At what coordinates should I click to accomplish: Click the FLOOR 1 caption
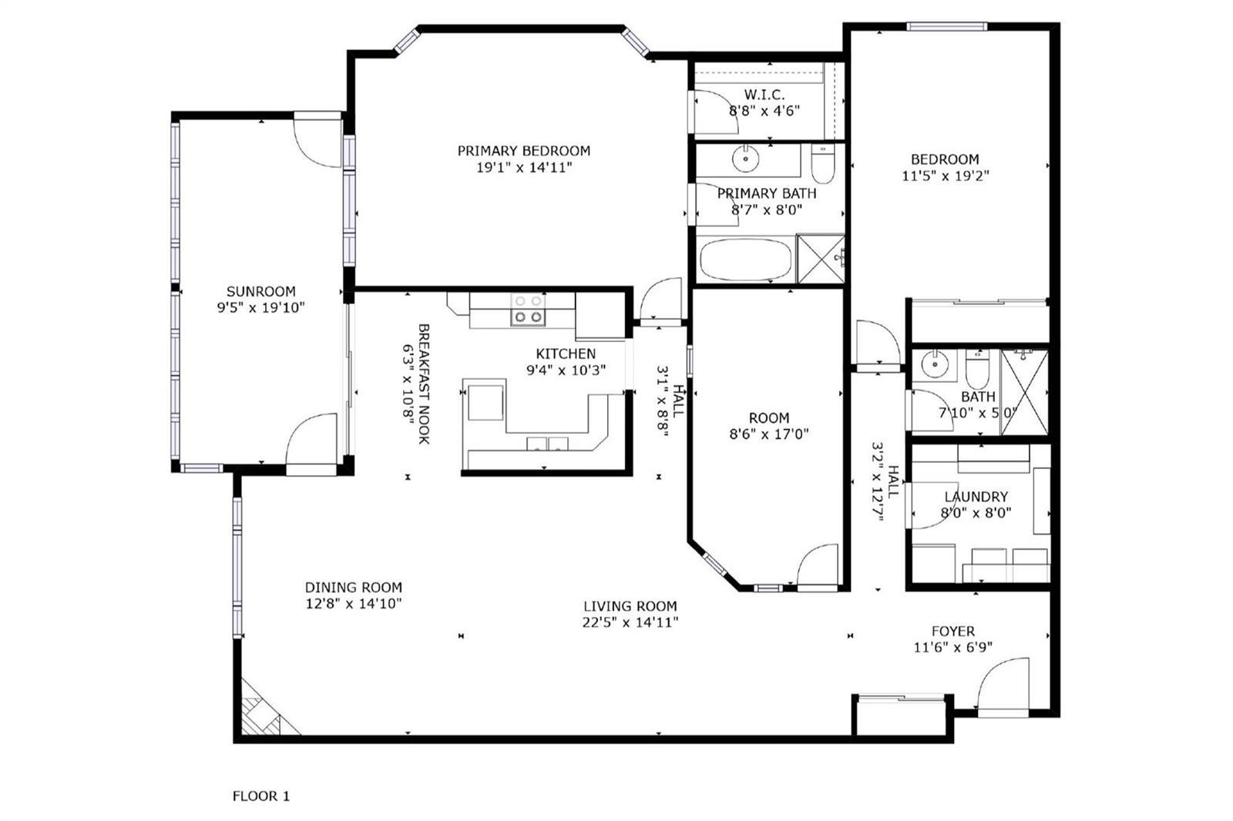tap(261, 796)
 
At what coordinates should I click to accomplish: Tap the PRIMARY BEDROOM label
tap(524, 151)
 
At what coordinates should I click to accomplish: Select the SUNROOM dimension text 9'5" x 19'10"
tap(261, 307)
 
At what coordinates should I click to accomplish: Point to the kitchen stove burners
tap(529, 310)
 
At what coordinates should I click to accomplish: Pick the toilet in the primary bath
tap(824, 164)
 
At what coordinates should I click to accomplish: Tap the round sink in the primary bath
tap(746, 159)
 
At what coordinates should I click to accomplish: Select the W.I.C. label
tap(764, 94)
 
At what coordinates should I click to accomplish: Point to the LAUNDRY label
tap(976, 496)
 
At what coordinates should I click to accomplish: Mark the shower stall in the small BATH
tap(1024, 392)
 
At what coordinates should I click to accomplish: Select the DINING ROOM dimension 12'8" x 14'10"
tap(354, 604)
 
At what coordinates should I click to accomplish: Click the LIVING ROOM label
tap(630, 606)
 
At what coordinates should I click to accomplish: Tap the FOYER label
tap(952, 631)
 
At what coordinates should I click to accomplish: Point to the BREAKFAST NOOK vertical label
tap(424, 384)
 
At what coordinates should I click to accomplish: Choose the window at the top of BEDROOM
tap(946, 26)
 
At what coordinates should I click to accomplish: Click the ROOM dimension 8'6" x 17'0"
tap(769, 434)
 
